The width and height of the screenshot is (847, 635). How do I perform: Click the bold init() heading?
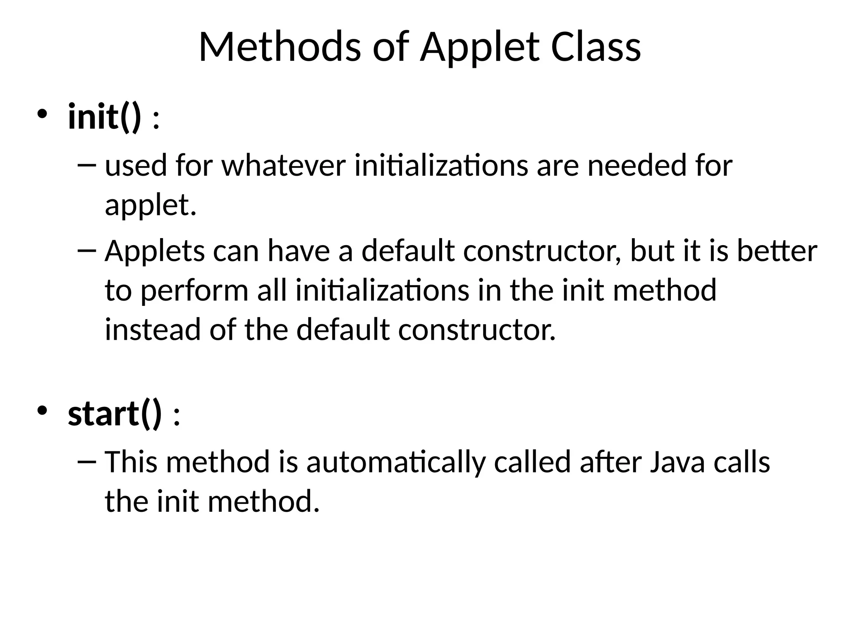click(104, 117)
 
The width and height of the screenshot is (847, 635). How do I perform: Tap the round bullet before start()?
click(43, 410)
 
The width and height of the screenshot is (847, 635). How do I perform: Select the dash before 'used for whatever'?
click(87, 165)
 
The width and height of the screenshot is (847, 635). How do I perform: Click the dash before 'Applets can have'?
click(87, 251)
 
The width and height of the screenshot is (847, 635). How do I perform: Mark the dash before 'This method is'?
click(87, 462)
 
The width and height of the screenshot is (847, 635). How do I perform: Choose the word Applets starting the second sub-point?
click(155, 251)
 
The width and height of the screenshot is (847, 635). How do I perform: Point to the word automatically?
click(395, 463)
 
